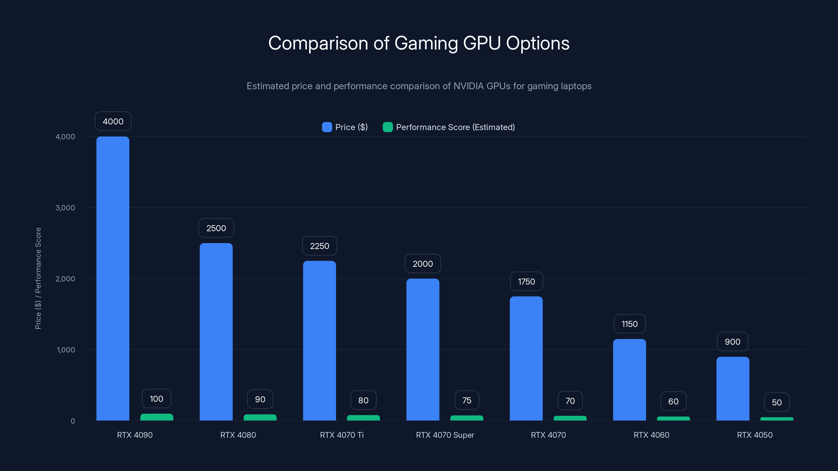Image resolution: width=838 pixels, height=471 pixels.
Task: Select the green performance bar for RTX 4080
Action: (x=260, y=417)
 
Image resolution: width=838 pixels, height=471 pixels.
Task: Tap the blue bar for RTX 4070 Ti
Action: (x=319, y=340)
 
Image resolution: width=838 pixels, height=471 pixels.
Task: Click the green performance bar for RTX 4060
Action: (x=673, y=418)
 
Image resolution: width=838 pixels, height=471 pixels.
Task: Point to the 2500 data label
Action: (x=216, y=228)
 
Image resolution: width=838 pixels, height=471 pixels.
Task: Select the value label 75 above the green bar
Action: (x=466, y=400)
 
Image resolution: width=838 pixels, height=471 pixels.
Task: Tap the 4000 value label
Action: (x=113, y=121)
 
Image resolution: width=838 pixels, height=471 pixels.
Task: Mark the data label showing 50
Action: (x=776, y=402)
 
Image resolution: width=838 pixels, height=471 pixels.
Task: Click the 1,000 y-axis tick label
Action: (x=66, y=350)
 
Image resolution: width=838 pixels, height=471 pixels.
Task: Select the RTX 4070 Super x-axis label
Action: (x=445, y=435)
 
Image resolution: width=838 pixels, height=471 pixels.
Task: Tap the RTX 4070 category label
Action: (x=548, y=435)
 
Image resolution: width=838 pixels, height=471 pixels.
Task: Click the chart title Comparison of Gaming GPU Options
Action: (x=419, y=43)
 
